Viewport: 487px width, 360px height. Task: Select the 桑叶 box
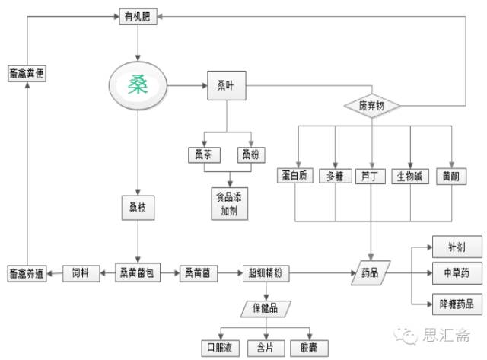pos(226,84)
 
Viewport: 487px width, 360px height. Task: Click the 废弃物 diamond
pos(372,106)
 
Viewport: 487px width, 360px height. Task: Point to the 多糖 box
pos(335,177)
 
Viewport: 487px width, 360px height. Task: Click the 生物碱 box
pos(409,177)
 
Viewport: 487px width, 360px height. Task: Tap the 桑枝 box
pos(137,207)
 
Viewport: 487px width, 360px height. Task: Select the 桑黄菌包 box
pos(138,273)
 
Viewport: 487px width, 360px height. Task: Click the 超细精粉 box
pos(265,274)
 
